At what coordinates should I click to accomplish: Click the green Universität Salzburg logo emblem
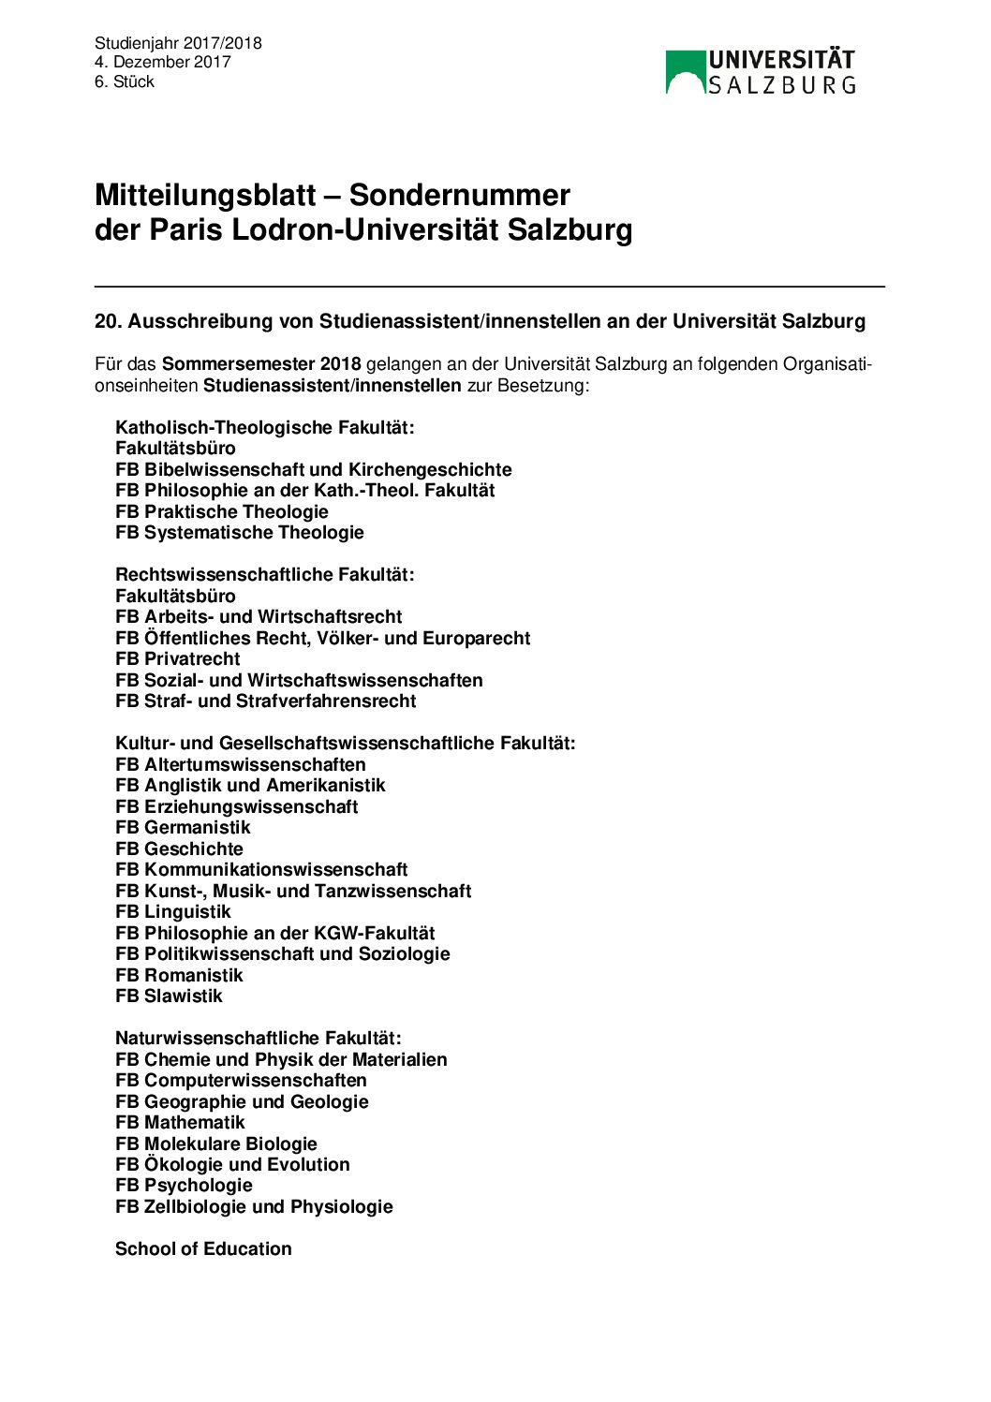coord(685,72)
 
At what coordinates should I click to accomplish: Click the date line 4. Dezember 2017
coord(162,62)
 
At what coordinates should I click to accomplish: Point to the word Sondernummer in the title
coord(459,195)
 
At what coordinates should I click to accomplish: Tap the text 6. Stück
coord(124,81)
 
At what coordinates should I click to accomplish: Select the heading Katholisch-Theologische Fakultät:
coord(264,427)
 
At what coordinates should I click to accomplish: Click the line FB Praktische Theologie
coord(221,511)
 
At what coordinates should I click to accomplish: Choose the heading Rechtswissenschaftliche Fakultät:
coord(264,574)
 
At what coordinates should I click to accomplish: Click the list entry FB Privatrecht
coord(177,658)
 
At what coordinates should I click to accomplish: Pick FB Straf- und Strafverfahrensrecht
coord(265,701)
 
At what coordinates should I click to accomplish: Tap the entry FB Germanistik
coord(183,827)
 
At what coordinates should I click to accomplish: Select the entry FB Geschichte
coord(179,849)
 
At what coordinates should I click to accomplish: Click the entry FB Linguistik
coord(172,911)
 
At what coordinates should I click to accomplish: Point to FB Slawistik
coord(169,996)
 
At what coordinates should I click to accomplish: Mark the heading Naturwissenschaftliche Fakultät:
coord(258,1038)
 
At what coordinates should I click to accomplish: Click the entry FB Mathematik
coord(180,1122)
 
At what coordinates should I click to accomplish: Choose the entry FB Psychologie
coord(184,1185)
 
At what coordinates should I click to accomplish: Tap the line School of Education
coord(203,1248)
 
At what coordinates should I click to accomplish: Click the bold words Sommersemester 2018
coord(260,363)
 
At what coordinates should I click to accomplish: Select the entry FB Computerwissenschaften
coord(241,1080)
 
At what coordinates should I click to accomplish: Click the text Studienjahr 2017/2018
coord(178,43)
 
